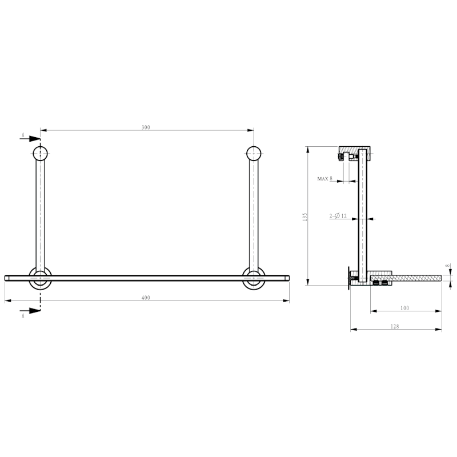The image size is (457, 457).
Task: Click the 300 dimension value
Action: [146, 127]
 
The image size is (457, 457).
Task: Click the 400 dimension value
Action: [146, 298]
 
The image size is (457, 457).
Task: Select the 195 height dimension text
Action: [306, 217]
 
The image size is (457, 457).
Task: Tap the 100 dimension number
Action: [405, 308]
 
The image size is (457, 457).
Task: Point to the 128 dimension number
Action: [395, 326]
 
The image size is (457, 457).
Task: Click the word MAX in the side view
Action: [323, 179]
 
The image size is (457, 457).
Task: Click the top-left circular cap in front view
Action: [41, 154]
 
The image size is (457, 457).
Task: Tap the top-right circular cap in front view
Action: [254, 154]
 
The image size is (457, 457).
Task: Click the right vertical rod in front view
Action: [254, 211]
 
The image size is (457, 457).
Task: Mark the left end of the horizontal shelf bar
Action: [7, 278]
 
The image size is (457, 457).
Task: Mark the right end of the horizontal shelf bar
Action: [287, 278]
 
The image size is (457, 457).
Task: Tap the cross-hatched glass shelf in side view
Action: [411, 278]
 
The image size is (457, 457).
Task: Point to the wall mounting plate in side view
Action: [347, 278]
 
